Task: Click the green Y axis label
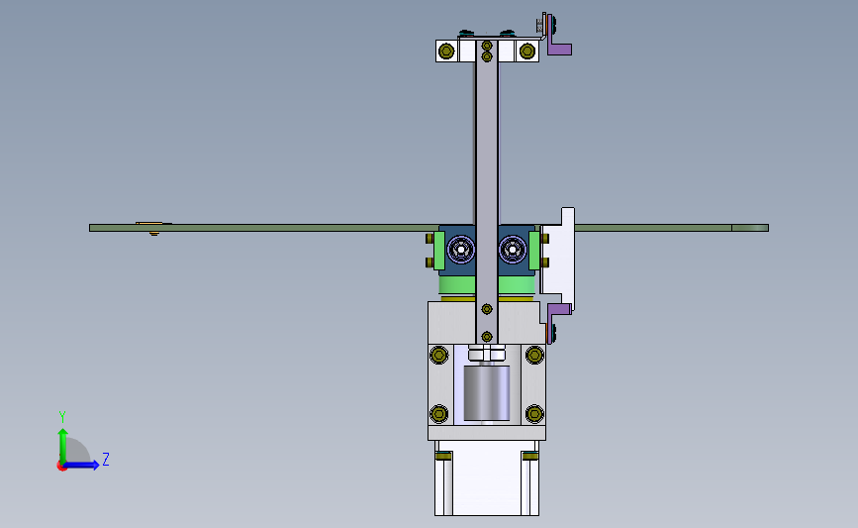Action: click(62, 417)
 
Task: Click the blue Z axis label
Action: click(106, 459)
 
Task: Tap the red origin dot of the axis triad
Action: click(61, 467)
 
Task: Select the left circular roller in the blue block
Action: click(461, 250)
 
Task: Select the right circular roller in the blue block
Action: click(513, 250)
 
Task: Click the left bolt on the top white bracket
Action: click(446, 52)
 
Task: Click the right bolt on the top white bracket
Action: click(526, 52)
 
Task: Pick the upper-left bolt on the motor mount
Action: click(438, 355)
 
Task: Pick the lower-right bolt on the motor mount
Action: click(534, 413)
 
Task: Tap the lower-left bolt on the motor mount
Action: click(438, 413)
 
